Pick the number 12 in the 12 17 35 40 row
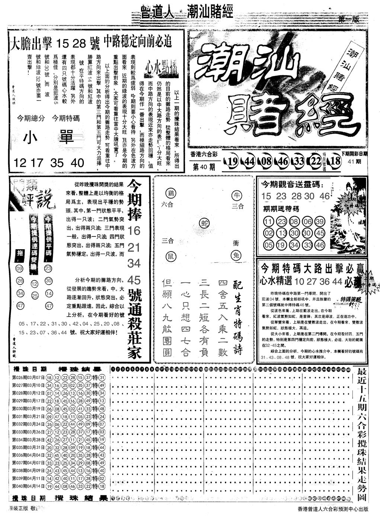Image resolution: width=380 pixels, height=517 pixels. [x=20, y=163]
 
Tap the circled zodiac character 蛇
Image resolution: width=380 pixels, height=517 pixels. [x=203, y=222]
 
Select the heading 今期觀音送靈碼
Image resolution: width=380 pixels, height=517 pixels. [x=292, y=184]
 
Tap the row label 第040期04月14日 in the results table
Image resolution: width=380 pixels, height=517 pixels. [x=28, y=486]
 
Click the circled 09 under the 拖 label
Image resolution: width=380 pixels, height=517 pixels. [x=20, y=268]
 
